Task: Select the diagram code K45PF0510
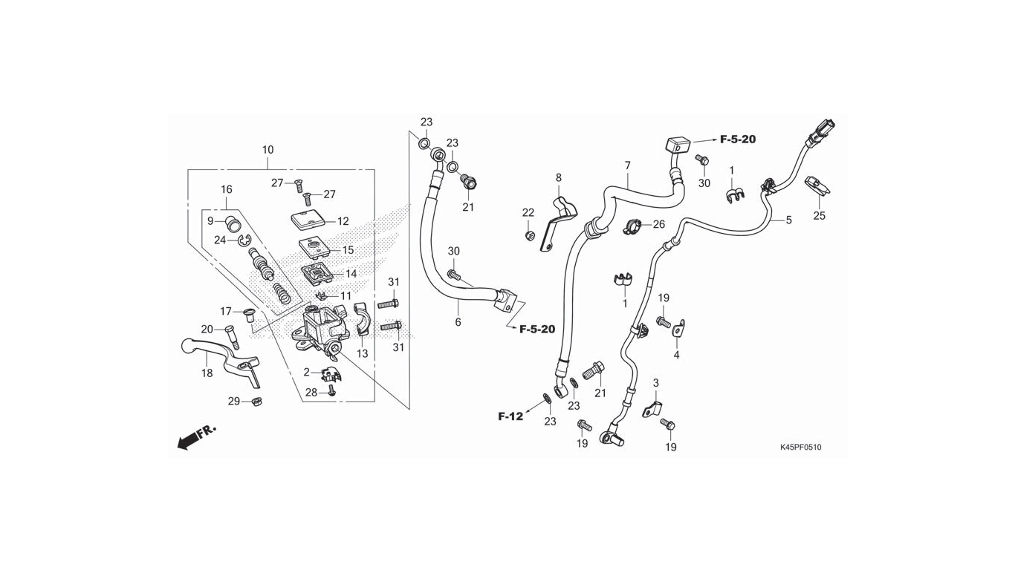pos(800,447)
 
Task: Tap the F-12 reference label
pos(510,416)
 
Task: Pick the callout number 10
pos(267,150)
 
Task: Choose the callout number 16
pos(227,189)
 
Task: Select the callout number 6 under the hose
pos(458,322)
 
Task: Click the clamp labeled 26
pos(632,225)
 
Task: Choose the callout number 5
pos(789,220)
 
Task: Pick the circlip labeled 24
pos(244,240)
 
